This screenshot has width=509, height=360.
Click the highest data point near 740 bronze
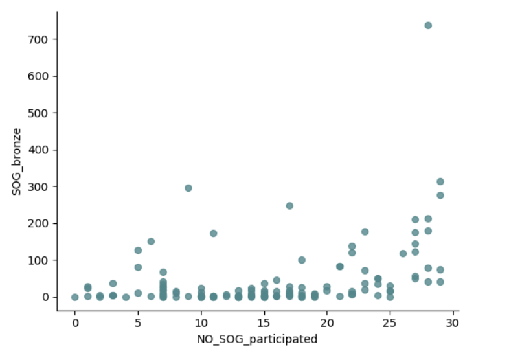428,25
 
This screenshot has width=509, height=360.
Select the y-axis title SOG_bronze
17,161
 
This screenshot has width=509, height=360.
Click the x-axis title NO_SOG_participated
257,339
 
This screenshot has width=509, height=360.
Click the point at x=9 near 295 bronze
188,188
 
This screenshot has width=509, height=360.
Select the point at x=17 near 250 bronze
289,206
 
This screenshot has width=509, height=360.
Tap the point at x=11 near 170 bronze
214,233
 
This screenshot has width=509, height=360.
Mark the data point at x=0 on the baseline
75,297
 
